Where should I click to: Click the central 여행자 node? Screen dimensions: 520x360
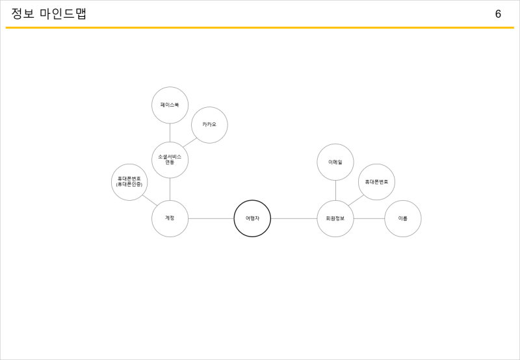(x=252, y=218)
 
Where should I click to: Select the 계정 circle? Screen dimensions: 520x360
(x=170, y=218)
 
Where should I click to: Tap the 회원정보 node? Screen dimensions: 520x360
(x=335, y=218)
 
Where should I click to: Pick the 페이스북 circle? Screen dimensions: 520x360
(x=170, y=105)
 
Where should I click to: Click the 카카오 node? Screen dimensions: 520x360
(x=209, y=125)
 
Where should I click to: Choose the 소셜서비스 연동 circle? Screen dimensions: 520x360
(x=170, y=160)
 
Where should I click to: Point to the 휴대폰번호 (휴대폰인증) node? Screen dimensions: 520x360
(x=129, y=182)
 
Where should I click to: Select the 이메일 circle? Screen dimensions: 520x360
(x=335, y=162)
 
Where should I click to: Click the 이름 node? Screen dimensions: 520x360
(x=403, y=218)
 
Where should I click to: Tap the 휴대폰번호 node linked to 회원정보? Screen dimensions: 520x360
(x=376, y=182)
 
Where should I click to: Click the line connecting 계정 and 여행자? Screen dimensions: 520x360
(x=211, y=218)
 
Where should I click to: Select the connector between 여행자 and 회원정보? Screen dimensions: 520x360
(x=294, y=218)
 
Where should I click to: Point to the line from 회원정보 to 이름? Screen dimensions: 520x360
(x=369, y=218)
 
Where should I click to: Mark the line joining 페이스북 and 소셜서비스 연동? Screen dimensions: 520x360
(x=170, y=133)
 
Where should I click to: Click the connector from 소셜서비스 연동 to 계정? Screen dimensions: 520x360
(x=170, y=189)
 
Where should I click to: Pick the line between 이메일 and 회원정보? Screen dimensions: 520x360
(x=335, y=190)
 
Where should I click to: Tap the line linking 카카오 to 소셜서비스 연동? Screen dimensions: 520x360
(x=190, y=142)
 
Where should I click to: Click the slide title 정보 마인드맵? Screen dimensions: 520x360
(x=49, y=14)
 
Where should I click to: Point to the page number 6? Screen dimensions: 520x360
(x=498, y=14)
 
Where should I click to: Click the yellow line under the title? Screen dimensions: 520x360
(x=260, y=28)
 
